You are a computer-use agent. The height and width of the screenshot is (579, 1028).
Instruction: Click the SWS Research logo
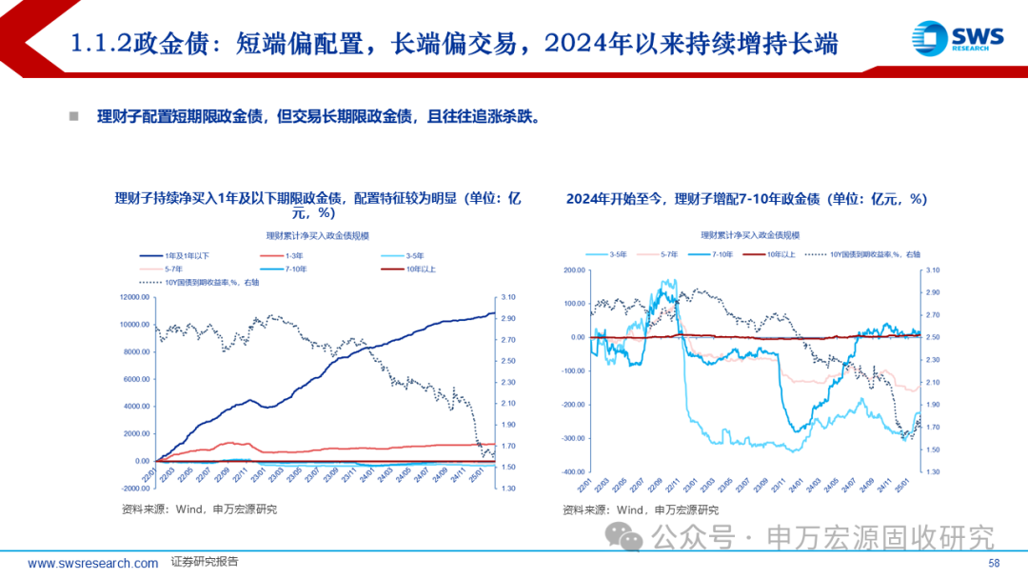[x=958, y=38]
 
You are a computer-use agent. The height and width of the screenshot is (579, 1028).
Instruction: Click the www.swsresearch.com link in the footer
[x=92, y=564]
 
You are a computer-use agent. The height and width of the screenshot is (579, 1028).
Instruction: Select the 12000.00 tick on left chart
[x=132, y=297]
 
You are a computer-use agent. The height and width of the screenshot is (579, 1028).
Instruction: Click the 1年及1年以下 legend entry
[x=190, y=256]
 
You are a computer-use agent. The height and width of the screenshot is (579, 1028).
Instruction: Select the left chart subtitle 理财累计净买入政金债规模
[x=318, y=235]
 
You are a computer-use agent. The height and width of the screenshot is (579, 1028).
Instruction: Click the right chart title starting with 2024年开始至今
[x=746, y=199]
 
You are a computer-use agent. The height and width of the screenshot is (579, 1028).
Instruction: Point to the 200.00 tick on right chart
[x=574, y=270]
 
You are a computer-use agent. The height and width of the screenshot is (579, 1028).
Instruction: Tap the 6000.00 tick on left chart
[x=134, y=379]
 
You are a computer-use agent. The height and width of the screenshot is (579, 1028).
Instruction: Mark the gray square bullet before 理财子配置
[x=73, y=116]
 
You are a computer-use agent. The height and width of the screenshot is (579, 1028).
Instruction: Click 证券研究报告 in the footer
[x=205, y=563]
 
